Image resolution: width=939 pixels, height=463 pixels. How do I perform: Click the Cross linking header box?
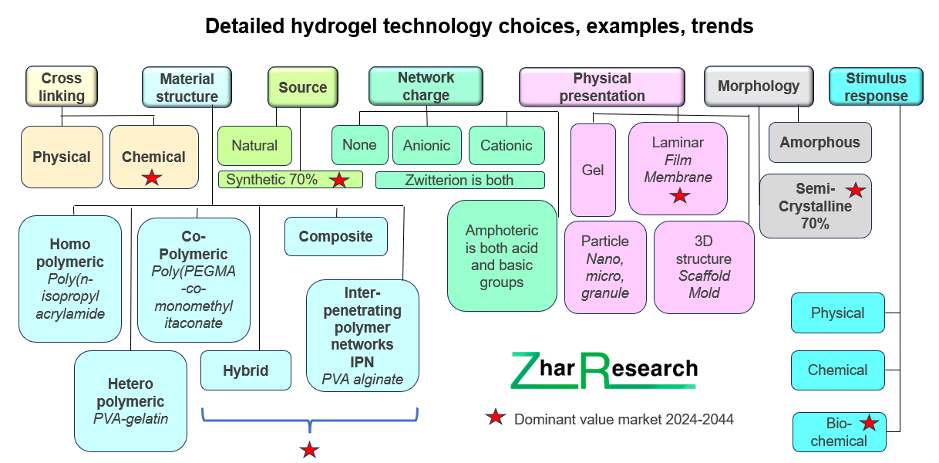click(x=62, y=86)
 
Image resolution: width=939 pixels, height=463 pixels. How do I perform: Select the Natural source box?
click(x=254, y=146)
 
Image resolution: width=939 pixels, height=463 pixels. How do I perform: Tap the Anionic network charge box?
click(x=427, y=145)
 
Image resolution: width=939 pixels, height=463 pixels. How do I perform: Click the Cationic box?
click(x=507, y=145)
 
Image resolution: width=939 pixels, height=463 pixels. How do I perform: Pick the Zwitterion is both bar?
click(x=459, y=180)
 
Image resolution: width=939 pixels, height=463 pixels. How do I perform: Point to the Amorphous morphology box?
click(x=820, y=142)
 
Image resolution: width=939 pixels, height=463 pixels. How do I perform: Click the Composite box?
click(x=336, y=236)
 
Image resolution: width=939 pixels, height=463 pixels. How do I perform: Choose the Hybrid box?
click(x=246, y=370)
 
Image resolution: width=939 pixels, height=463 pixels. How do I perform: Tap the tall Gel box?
click(x=593, y=170)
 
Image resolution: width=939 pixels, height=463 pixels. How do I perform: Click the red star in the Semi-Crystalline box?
click(x=855, y=191)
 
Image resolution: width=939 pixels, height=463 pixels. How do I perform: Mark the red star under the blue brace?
click(x=309, y=450)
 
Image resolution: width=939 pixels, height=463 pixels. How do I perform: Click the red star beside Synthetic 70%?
click(x=338, y=180)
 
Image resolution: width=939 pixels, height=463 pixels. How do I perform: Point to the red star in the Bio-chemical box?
click(x=869, y=423)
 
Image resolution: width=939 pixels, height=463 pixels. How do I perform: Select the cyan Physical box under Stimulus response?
click(x=837, y=313)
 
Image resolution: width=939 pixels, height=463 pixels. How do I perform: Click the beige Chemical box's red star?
click(x=152, y=177)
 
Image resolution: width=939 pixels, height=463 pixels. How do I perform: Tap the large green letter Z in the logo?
click(x=525, y=370)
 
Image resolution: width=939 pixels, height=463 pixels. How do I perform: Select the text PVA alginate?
click(x=362, y=380)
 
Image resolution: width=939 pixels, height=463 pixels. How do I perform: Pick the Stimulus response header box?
click(x=876, y=86)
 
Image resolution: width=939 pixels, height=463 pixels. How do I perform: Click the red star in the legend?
click(x=496, y=417)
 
